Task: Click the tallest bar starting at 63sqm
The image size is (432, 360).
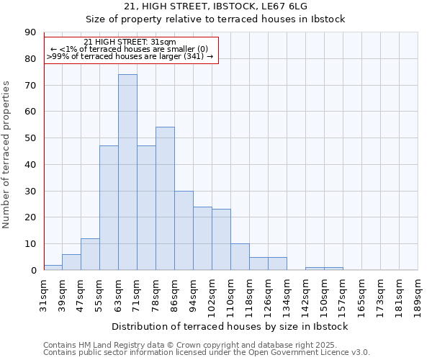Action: point(127,172)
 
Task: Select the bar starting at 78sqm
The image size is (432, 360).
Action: point(165,199)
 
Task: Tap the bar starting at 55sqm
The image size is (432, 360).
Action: point(109,208)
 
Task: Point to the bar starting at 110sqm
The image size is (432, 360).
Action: point(240,257)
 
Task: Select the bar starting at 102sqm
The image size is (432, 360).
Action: point(221,240)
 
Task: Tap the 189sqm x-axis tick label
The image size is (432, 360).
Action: point(418,293)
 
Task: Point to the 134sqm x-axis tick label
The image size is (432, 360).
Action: point(287,293)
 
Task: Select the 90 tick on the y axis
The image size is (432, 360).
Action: point(30,32)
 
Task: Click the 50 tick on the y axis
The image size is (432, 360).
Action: point(30,138)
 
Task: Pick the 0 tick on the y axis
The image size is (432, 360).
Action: point(32,270)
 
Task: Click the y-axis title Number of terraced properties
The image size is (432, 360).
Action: point(6,154)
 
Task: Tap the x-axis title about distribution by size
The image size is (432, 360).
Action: point(230,326)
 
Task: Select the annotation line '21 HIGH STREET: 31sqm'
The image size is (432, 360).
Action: point(130,42)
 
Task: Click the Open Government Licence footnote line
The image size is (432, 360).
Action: point(207,353)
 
